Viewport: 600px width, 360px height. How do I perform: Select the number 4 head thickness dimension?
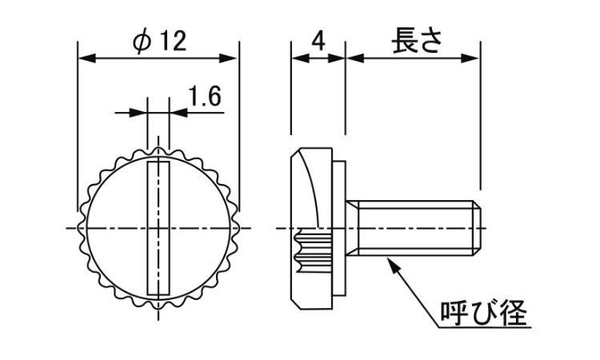pos(318,40)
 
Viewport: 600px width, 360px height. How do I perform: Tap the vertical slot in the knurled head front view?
pos(159,227)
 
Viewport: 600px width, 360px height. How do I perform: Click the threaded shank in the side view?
pos(416,229)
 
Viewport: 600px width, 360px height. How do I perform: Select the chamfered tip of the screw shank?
pos(477,229)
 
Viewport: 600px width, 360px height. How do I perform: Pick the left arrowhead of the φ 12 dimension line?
pos(84,58)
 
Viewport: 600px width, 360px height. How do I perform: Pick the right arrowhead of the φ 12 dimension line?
pos(232,58)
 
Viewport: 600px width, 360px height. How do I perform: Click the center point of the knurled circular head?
pos(159,229)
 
